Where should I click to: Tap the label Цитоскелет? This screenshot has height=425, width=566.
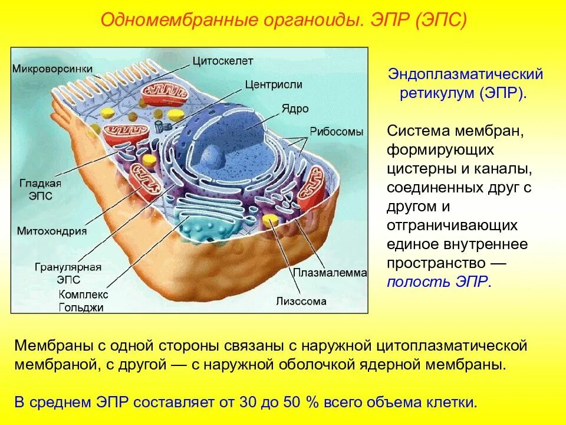222,61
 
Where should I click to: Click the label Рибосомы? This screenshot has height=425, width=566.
336,132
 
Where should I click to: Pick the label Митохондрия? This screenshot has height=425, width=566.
52,231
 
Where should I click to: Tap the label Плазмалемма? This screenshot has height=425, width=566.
330,273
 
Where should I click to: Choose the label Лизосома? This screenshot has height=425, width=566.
301,301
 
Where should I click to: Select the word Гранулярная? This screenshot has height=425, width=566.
68,267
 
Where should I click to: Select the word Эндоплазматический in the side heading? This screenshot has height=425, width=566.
465,76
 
